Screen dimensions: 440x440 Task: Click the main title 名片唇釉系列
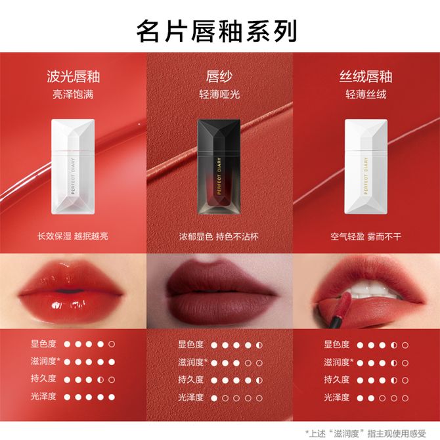click(216, 31)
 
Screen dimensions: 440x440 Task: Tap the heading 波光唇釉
click(74, 77)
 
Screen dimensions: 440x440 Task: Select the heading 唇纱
click(219, 77)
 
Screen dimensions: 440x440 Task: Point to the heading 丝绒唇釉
click(366, 77)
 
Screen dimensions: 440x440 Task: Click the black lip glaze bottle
click(219, 167)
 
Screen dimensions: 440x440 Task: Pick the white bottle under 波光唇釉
click(73, 167)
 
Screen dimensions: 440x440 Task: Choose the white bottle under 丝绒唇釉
click(366, 167)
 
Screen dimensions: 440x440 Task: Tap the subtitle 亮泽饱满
click(73, 95)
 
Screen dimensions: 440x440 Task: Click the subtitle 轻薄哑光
click(219, 95)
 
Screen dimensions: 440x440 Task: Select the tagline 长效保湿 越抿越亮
click(73, 236)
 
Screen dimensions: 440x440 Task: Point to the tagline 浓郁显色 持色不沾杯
click(219, 237)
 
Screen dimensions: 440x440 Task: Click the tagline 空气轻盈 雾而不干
click(366, 237)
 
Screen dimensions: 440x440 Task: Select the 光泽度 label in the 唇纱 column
click(191, 397)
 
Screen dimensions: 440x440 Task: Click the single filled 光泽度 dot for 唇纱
click(214, 398)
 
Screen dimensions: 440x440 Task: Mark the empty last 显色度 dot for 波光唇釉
click(112, 344)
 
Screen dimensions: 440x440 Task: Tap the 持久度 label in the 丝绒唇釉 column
click(337, 380)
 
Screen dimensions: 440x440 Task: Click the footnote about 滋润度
click(365, 433)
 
